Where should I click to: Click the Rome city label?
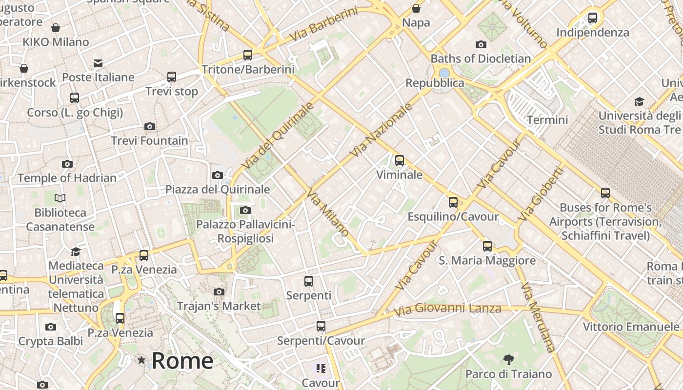pyautogui.click(x=182, y=361)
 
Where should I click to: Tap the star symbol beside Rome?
pyautogui.click(x=141, y=360)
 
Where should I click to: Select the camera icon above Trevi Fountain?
pyautogui.click(x=150, y=127)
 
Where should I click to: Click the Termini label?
pyautogui.click(x=547, y=120)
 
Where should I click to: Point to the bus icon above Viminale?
pyautogui.click(x=400, y=160)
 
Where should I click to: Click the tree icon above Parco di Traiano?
pyautogui.click(x=508, y=360)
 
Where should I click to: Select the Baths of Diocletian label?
pyautogui.click(x=481, y=58)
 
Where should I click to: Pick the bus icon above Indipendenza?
pyautogui.click(x=593, y=18)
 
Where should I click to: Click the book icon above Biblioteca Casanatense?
pyautogui.click(x=60, y=198)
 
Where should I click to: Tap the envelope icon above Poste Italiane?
pyautogui.click(x=98, y=63)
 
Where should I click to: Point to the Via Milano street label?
pyautogui.click(x=327, y=213)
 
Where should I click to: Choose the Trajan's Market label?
pyautogui.click(x=219, y=306)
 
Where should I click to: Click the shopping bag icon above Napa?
pyautogui.click(x=416, y=8)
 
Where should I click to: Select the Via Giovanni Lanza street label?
pyautogui.click(x=447, y=309)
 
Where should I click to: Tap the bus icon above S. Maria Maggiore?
pyautogui.click(x=487, y=246)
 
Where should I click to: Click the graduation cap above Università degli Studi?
pyautogui.click(x=639, y=101)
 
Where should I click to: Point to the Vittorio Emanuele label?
pyautogui.click(x=631, y=327)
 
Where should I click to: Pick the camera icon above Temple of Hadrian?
pyautogui.click(x=67, y=164)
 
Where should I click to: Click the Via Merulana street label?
pyautogui.click(x=538, y=317)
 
